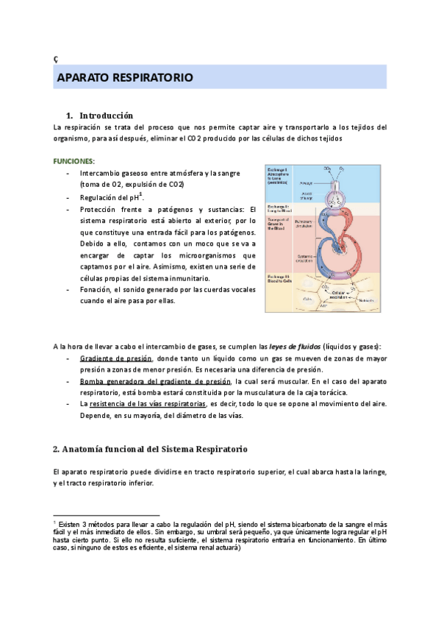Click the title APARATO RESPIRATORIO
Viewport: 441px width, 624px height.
click(125, 77)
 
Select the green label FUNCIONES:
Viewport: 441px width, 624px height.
click(73, 160)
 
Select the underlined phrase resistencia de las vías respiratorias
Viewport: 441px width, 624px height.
click(148, 404)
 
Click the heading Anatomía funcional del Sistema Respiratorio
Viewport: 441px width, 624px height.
click(150, 449)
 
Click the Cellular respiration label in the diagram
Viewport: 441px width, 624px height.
click(338, 294)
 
